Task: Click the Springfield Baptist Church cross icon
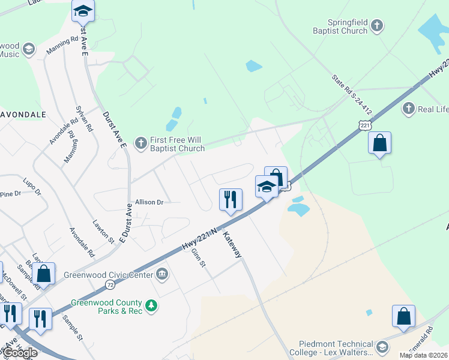pos(376,25)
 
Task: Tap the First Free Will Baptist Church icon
pos(140,143)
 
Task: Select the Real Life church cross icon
pos(409,109)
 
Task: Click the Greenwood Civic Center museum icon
pos(162,275)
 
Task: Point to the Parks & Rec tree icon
pos(152,305)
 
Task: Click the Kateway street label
pos(232,245)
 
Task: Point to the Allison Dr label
pos(149,203)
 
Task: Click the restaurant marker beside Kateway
pos(231,200)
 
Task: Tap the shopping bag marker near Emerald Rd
pos(404,317)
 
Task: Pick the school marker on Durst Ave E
pos(83,11)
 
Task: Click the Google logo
pos(20,353)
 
